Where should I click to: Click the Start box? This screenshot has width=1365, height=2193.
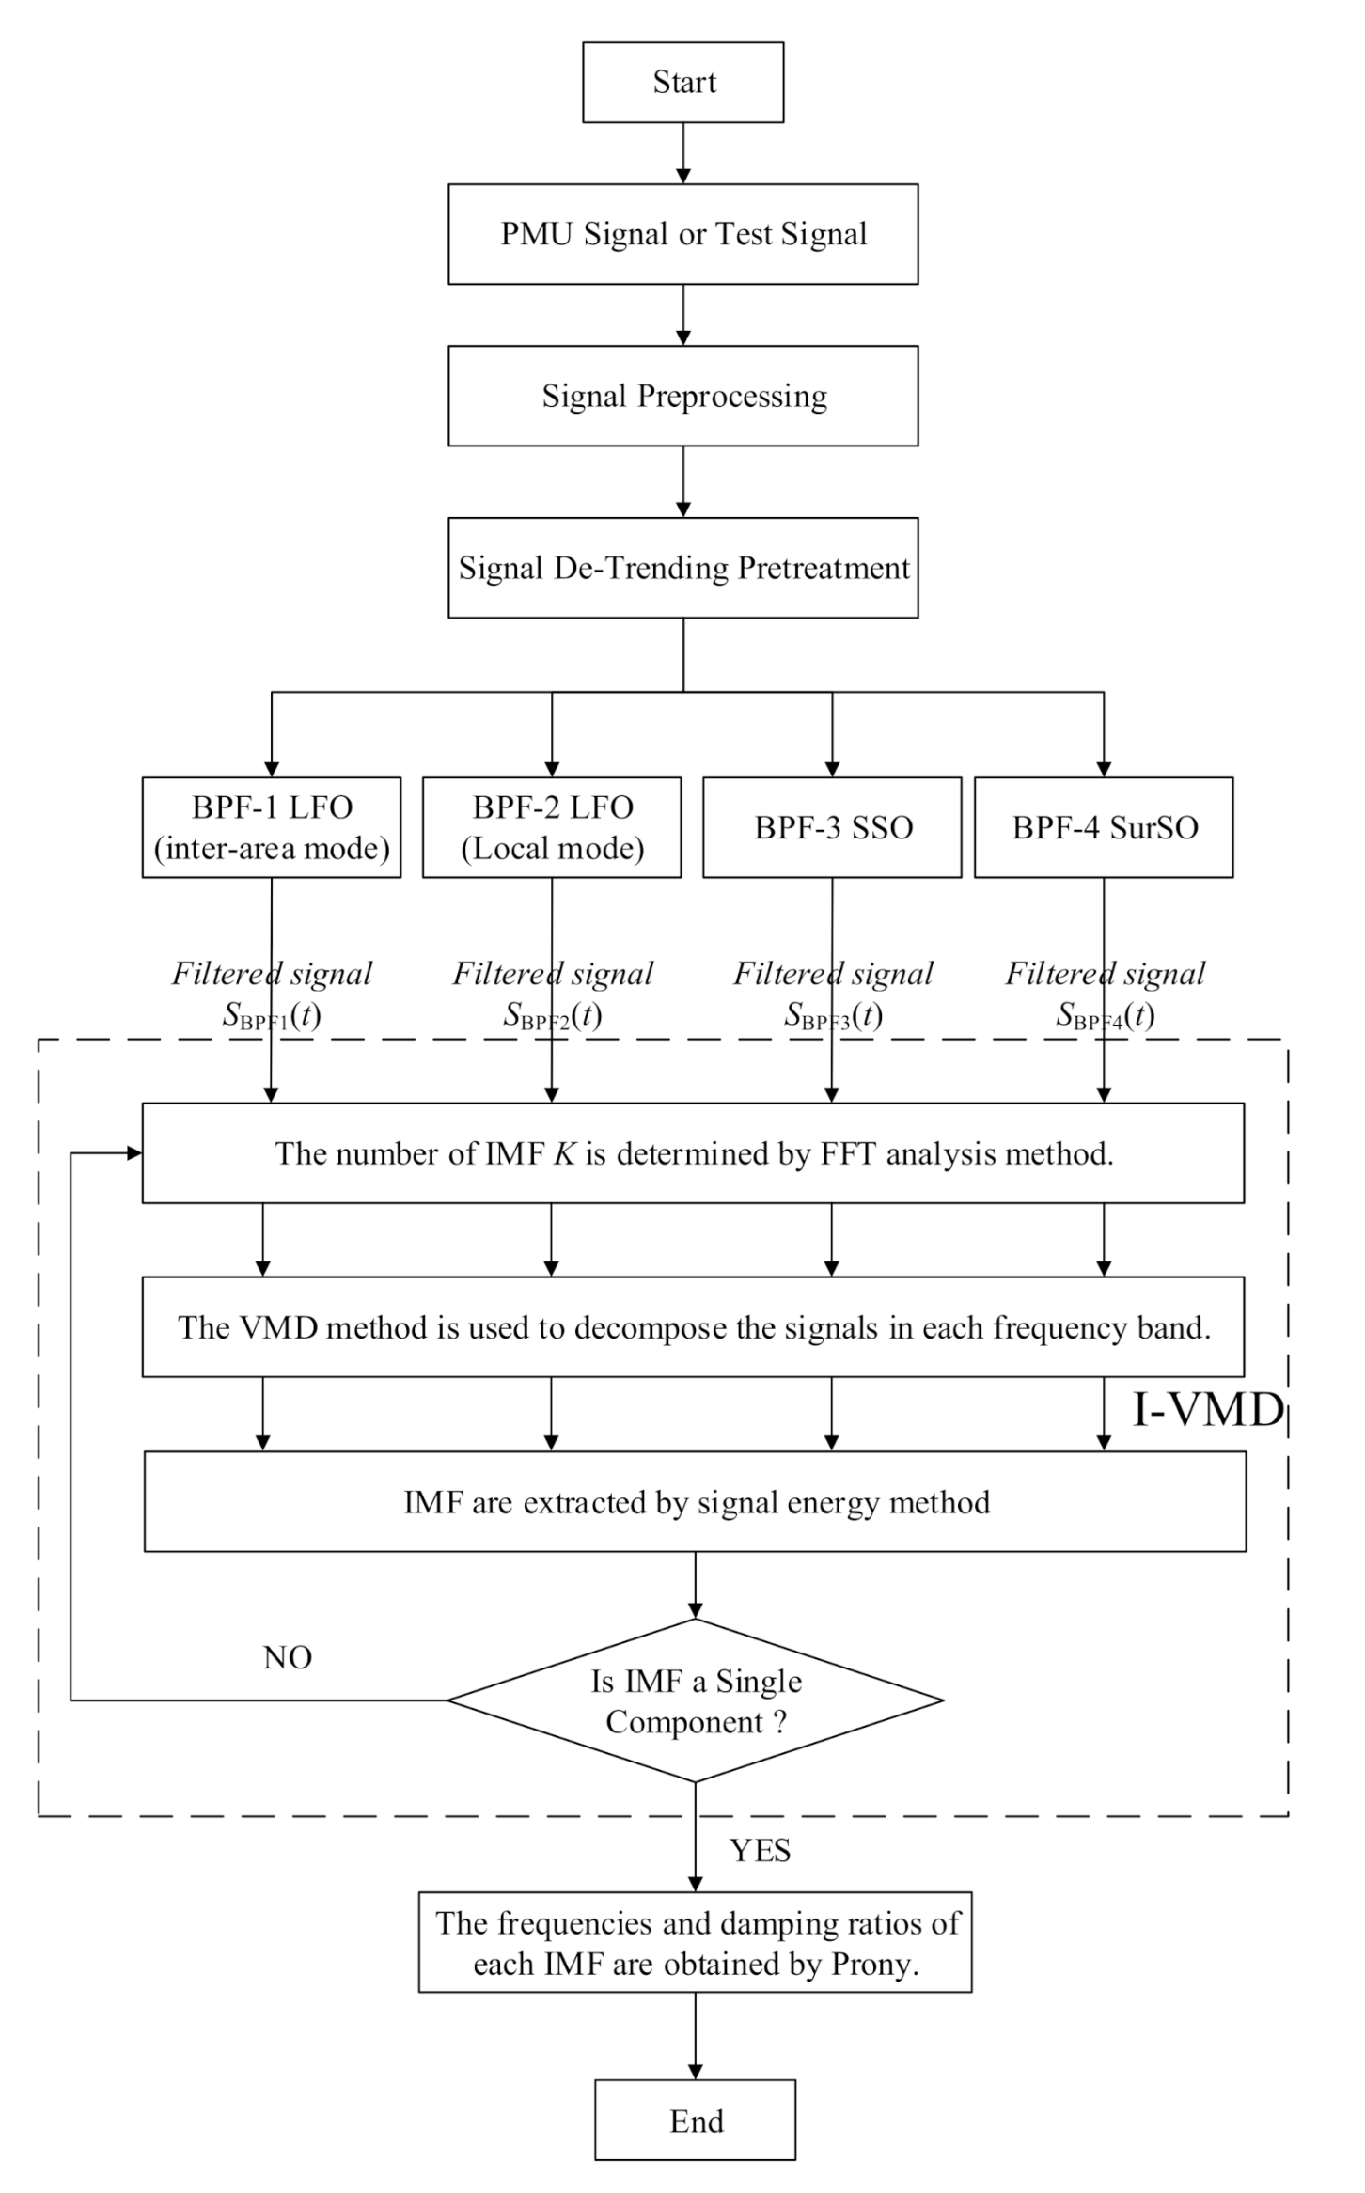click(682, 82)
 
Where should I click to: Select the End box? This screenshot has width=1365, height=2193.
click(695, 2120)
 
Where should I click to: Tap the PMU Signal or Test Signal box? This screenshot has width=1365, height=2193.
click(682, 234)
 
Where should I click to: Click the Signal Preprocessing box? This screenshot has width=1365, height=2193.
click(682, 396)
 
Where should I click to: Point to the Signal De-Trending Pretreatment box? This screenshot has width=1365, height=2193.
click(682, 568)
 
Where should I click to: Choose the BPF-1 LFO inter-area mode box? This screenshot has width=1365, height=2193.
click(272, 827)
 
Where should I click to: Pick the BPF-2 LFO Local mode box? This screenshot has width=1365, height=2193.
click(552, 827)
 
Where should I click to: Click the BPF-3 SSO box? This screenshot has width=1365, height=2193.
click(832, 827)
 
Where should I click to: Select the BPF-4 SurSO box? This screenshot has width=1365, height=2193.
click(1104, 827)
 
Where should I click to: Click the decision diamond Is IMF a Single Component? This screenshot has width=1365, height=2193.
click(695, 1700)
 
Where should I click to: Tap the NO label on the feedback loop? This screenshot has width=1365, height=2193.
click(288, 1657)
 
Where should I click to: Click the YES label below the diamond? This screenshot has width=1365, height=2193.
click(760, 1851)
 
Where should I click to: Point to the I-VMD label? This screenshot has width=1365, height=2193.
click(1207, 1410)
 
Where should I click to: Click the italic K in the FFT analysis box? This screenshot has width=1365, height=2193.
click(564, 1153)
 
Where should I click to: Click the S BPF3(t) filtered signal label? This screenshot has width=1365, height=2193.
click(833, 1015)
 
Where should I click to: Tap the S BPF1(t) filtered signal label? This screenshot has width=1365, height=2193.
click(272, 1015)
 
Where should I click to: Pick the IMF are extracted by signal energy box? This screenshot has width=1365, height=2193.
click(695, 1501)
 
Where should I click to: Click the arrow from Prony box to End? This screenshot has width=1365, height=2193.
click(695, 2034)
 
